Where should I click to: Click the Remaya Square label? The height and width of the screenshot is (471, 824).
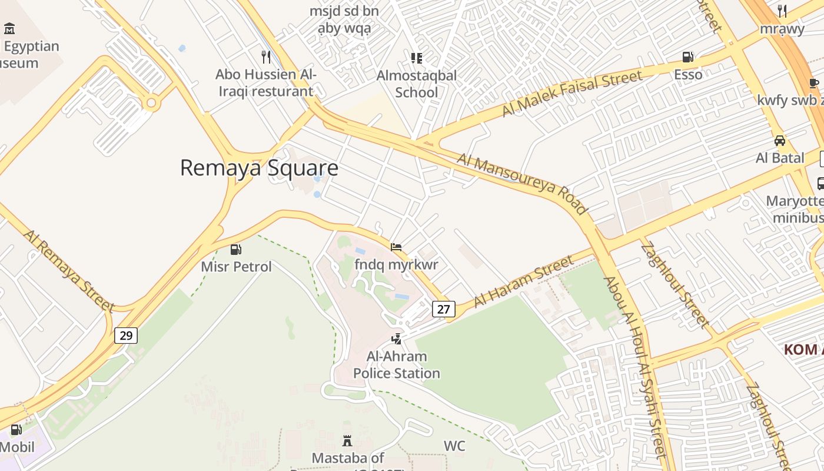tap(259, 168)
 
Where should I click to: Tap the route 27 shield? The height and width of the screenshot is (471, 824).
tap(443, 309)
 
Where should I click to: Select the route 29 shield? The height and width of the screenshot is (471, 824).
tap(125, 336)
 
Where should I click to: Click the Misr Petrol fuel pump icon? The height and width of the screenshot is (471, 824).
tap(236, 250)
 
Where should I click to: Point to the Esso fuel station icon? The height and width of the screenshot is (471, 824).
tap(687, 57)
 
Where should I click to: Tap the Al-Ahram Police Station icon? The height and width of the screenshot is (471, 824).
tap(397, 339)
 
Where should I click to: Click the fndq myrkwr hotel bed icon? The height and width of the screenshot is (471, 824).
tap(396, 247)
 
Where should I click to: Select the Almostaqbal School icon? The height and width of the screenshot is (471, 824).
tap(416, 58)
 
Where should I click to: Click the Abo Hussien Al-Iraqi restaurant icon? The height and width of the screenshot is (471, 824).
tap(266, 57)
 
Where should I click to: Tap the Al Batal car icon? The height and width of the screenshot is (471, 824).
tap(779, 141)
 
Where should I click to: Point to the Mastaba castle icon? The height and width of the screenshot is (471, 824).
tap(347, 440)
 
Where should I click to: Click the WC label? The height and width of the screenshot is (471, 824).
tap(454, 446)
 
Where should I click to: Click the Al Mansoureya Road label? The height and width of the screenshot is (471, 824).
tap(523, 184)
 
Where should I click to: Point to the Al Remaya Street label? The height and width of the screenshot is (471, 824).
tap(68, 270)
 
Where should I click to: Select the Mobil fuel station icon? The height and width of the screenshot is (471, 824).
tap(16, 430)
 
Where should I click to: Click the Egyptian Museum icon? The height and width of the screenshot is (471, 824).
tap(9, 28)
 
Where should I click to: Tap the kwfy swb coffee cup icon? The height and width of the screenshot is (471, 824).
tap(814, 83)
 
